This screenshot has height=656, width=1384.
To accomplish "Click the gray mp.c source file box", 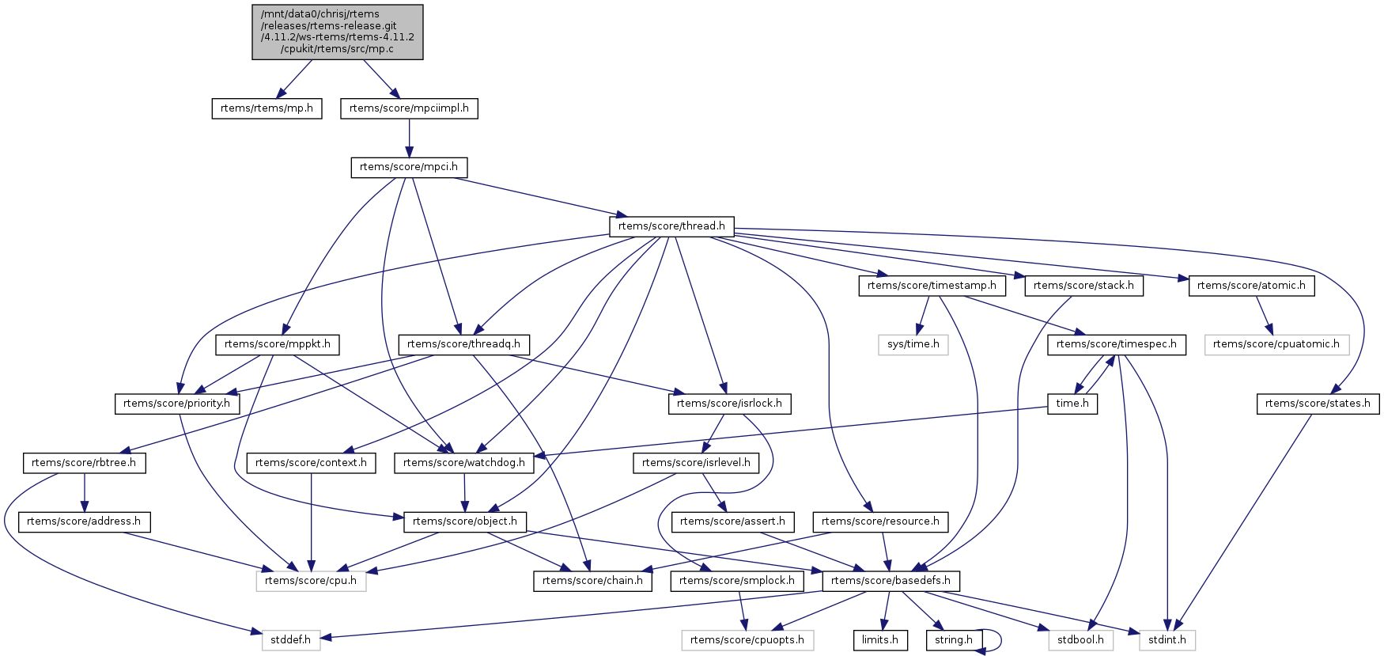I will (338, 32).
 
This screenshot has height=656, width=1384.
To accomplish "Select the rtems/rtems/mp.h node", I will (267, 108).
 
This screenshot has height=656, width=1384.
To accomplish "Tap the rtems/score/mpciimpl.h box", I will (409, 108).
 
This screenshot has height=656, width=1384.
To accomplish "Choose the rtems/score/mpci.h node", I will (409, 167).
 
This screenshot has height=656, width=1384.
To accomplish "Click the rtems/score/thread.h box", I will (671, 226).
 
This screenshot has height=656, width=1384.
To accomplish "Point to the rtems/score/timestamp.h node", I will (932, 286).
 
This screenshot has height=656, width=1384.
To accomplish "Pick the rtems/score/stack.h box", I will (1083, 286).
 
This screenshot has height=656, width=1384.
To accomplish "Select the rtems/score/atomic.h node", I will (1251, 286).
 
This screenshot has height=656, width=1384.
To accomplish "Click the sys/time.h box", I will (913, 344).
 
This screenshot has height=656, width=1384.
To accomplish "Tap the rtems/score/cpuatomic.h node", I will (1276, 344).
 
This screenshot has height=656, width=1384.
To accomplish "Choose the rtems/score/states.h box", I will (1318, 404).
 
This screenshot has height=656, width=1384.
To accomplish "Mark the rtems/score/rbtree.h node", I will (84, 463).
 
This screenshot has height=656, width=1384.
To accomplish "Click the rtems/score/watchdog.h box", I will (464, 463).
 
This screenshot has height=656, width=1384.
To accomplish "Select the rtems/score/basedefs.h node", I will (891, 581).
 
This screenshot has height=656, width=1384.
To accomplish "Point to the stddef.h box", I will (290, 639).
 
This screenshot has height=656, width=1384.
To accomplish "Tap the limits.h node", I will (880, 639).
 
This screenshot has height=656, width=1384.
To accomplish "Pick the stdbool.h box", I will (1080, 639).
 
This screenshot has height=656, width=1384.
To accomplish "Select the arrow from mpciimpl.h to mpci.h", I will (409, 138).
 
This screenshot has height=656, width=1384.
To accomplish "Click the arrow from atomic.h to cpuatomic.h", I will (1263, 315).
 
